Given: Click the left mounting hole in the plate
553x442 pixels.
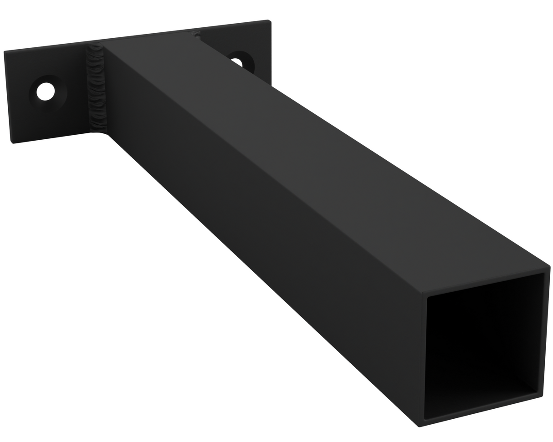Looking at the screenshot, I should pyautogui.click(x=46, y=91).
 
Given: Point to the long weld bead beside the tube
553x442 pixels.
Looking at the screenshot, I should pyautogui.click(x=97, y=89).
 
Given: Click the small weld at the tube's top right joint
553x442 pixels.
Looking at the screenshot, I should pyautogui.click(x=197, y=34).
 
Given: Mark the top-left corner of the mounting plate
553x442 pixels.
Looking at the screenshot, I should pyautogui.click(x=5, y=52).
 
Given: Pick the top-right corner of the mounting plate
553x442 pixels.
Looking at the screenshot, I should pyautogui.click(x=270, y=21).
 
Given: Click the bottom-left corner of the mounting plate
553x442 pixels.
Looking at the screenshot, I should pyautogui.click(x=12, y=142).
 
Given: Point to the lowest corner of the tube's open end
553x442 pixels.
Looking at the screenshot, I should pyautogui.click(x=419, y=426).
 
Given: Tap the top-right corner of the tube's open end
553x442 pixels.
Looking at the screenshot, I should pyautogui.click(x=549, y=267).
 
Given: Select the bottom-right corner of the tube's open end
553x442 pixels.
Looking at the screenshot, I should pyautogui.click(x=542, y=396).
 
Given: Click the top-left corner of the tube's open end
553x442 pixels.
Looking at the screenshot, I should pyautogui.click(x=424, y=294).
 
